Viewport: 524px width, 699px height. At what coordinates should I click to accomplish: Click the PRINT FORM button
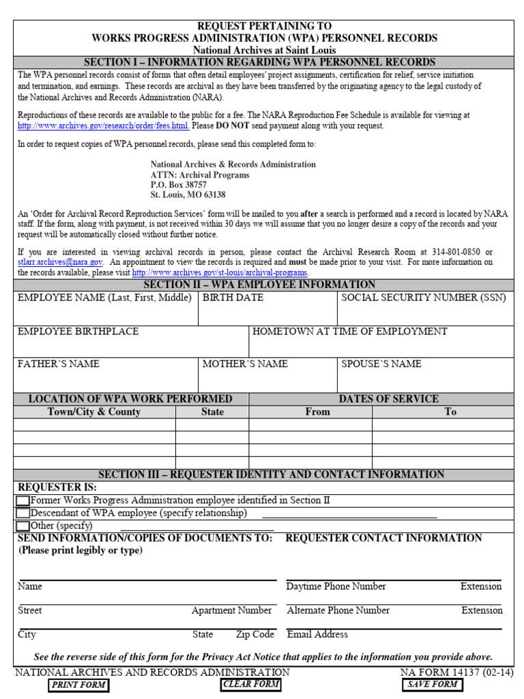click(x=78, y=685)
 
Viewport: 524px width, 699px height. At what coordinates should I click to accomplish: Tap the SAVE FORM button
click(x=433, y=684)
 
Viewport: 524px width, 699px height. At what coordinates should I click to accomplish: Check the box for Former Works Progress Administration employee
click(x=23, y=501)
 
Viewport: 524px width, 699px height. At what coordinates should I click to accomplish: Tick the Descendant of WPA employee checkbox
click(x=23, y=513)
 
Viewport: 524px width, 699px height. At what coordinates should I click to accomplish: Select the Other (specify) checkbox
click(x=23, y=526)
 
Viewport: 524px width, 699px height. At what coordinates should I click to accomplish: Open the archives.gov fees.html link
click(x=102, y=126)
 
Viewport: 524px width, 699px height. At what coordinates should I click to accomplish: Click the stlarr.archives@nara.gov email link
click(x=60, y=262)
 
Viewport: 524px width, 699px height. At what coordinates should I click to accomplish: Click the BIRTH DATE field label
click(x=233, y=298)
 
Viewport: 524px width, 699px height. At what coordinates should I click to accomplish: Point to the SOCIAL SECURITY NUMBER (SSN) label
click(x=423, y=298)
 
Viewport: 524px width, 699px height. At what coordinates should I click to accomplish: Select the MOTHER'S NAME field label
click(x=245, y=365)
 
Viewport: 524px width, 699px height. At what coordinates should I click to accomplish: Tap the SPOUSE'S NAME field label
click(x=381, y=365)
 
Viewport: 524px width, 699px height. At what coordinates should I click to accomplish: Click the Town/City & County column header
click(x=94, y=412)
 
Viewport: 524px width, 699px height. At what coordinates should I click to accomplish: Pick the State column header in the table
click(x=212, y=412)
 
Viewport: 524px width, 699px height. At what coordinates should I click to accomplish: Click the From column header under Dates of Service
click(x=317, y=412)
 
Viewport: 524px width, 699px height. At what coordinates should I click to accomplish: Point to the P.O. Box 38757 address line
click(x=178, y=185)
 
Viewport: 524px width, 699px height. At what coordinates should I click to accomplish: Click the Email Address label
click(x=317, y=635)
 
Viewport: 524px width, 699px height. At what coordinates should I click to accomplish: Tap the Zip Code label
click(x=255, y=635)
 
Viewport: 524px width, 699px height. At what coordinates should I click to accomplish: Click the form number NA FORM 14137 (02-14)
click(x=457, y=672)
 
